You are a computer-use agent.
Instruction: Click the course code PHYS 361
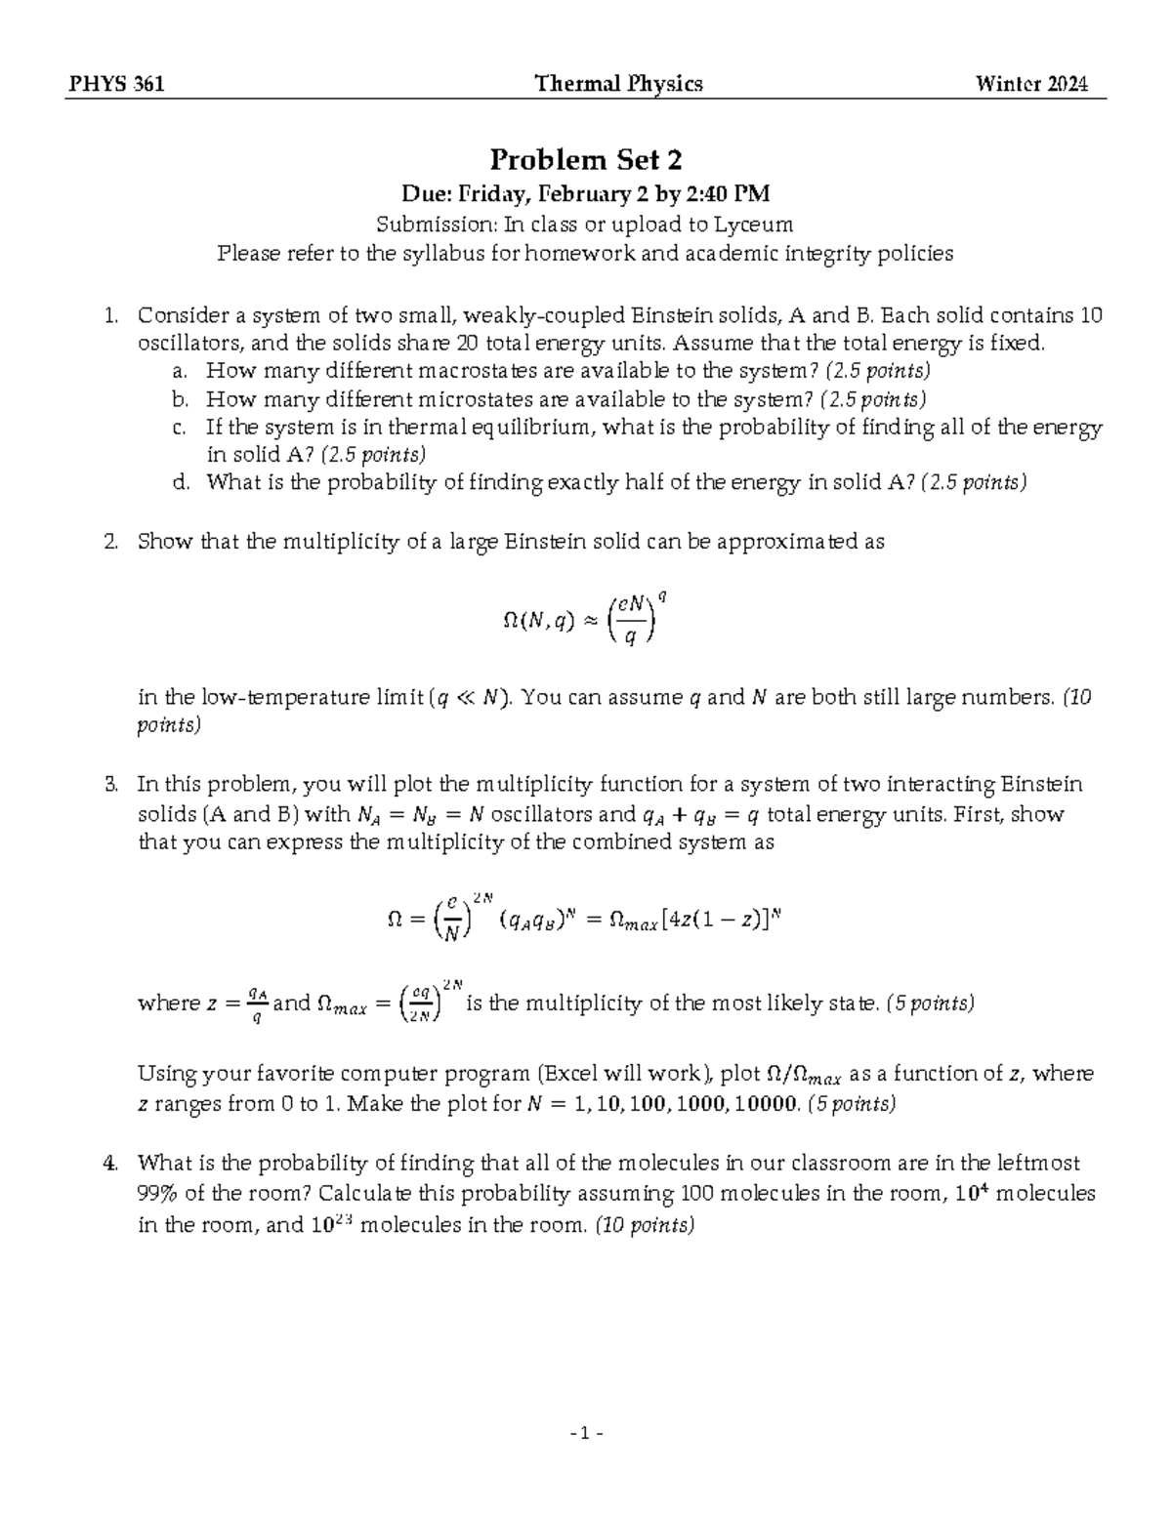[115, 84]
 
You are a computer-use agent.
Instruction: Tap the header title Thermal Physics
[619, 84]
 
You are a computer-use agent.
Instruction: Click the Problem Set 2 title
[586, 159]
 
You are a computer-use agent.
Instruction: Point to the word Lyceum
[753, 225]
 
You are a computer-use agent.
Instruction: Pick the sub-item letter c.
[177, 428]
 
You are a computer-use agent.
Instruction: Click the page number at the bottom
[586, 1434]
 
